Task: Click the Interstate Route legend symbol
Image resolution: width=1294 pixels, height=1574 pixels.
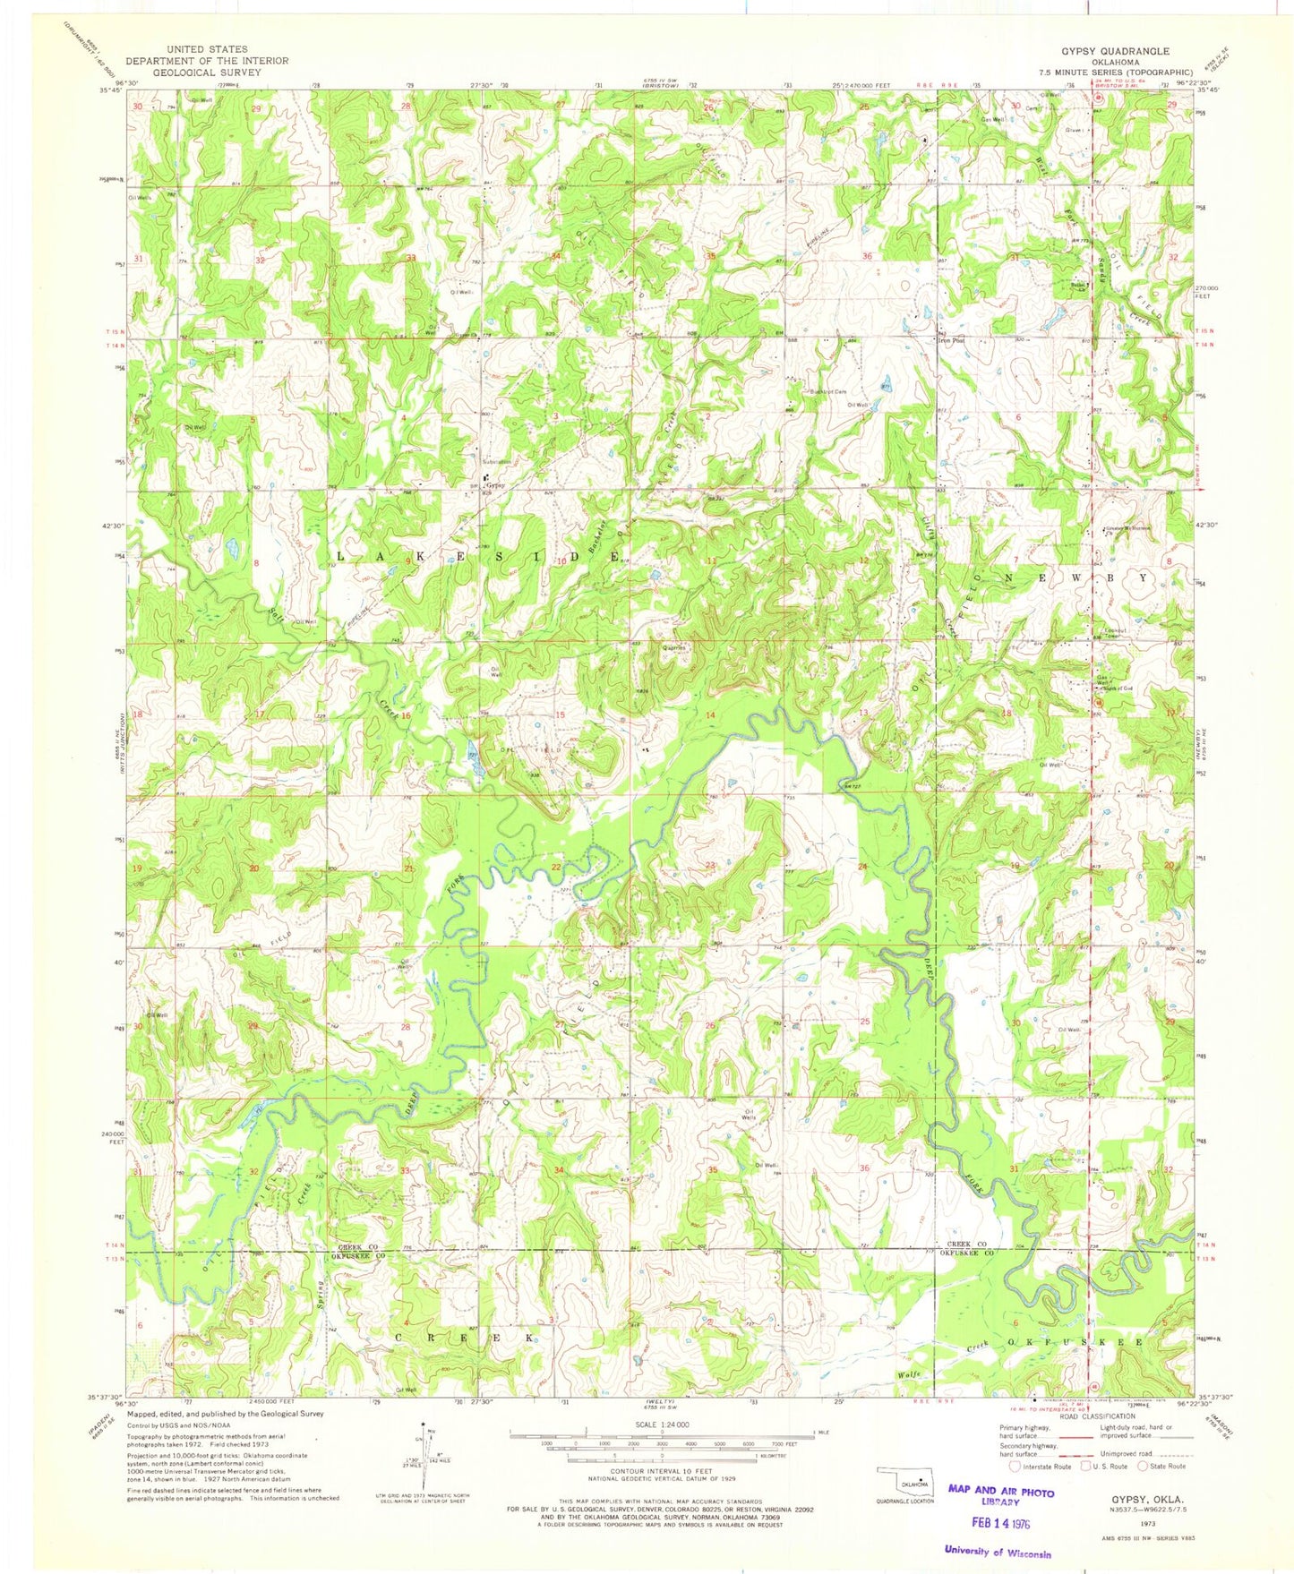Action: pos(1014,1492)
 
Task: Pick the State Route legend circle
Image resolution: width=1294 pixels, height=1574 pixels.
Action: pos(1144,1492)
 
